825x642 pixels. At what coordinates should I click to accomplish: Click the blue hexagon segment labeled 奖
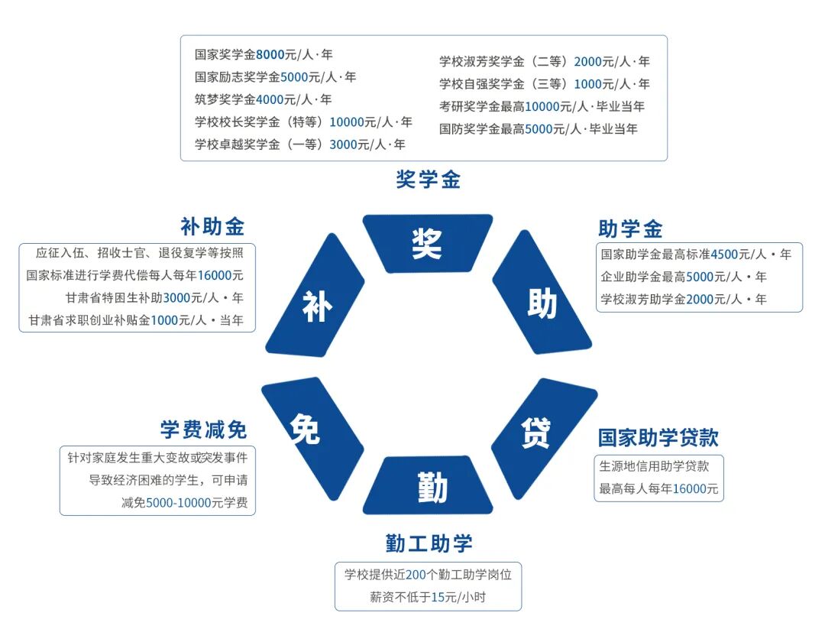coord(427,243)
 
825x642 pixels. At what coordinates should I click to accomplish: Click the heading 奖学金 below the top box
coord(428,180)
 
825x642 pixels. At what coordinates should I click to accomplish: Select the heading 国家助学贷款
coord(658,438)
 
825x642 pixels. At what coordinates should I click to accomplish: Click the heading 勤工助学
coord(429,543)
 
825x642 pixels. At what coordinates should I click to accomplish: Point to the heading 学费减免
coord(204,430)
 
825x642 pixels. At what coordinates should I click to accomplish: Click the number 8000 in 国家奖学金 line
coord(270,55)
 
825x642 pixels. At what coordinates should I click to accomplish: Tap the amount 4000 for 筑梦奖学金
coord(270,99)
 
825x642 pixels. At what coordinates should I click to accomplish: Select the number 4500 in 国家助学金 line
coord(723,255)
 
